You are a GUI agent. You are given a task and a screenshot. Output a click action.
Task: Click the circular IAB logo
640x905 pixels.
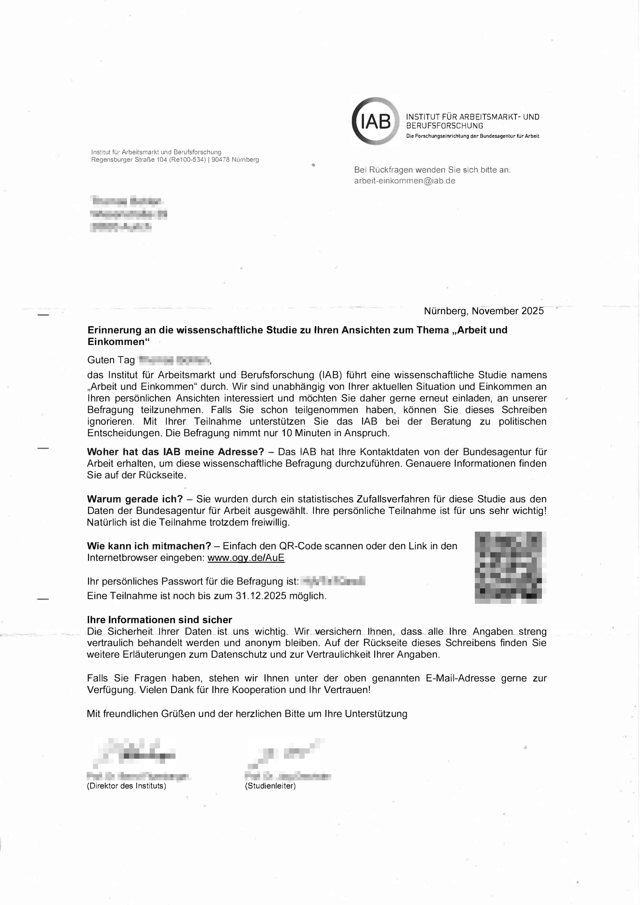[x=375, y=121]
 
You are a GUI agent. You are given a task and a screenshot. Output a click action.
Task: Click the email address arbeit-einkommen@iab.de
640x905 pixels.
[x=404, y=181]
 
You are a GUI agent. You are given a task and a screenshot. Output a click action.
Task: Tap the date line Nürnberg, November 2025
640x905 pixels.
[x=484, y=311]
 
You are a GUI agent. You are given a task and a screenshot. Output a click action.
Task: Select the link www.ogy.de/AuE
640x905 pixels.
[x=246, y=558]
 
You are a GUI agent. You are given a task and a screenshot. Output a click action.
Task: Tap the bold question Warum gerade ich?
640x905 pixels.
[x=135, y=499]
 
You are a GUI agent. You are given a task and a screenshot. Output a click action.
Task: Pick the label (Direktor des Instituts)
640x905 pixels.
[x=126, y=786]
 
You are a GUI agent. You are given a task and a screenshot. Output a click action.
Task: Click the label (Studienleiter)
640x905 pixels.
[x=270, y=786]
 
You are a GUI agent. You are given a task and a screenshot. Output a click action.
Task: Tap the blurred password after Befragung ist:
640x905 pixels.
[x=333, y=581]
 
